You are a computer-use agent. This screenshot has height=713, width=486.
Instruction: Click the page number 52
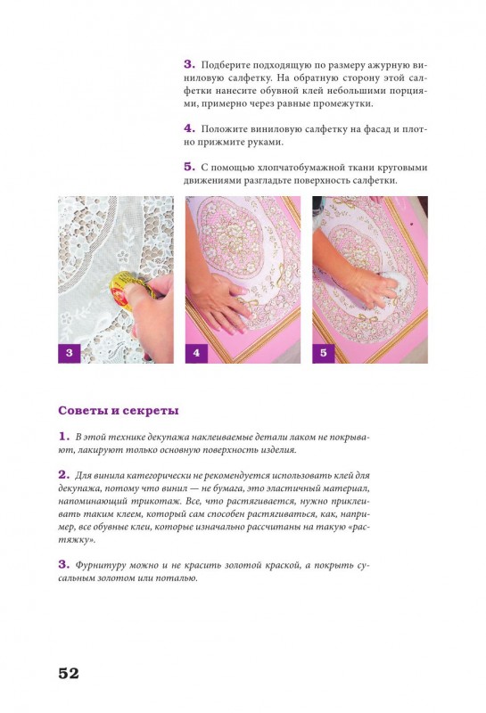(69, 673)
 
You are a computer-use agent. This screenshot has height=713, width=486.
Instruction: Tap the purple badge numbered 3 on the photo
(70, 353)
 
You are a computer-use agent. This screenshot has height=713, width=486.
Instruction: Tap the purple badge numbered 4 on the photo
(197, 353)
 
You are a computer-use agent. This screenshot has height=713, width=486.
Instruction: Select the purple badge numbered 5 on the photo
(325, 353)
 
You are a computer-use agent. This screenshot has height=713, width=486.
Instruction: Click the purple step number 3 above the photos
(189, 64)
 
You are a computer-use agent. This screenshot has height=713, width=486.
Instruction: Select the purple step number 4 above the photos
(189, 128)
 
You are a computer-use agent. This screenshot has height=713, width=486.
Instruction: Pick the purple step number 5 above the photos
(189, 167)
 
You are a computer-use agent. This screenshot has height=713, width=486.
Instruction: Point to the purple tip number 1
(63, 436)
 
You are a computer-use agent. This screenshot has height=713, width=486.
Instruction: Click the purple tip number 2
(63, 474)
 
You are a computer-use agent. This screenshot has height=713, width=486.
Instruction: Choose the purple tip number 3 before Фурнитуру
(63, 564)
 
